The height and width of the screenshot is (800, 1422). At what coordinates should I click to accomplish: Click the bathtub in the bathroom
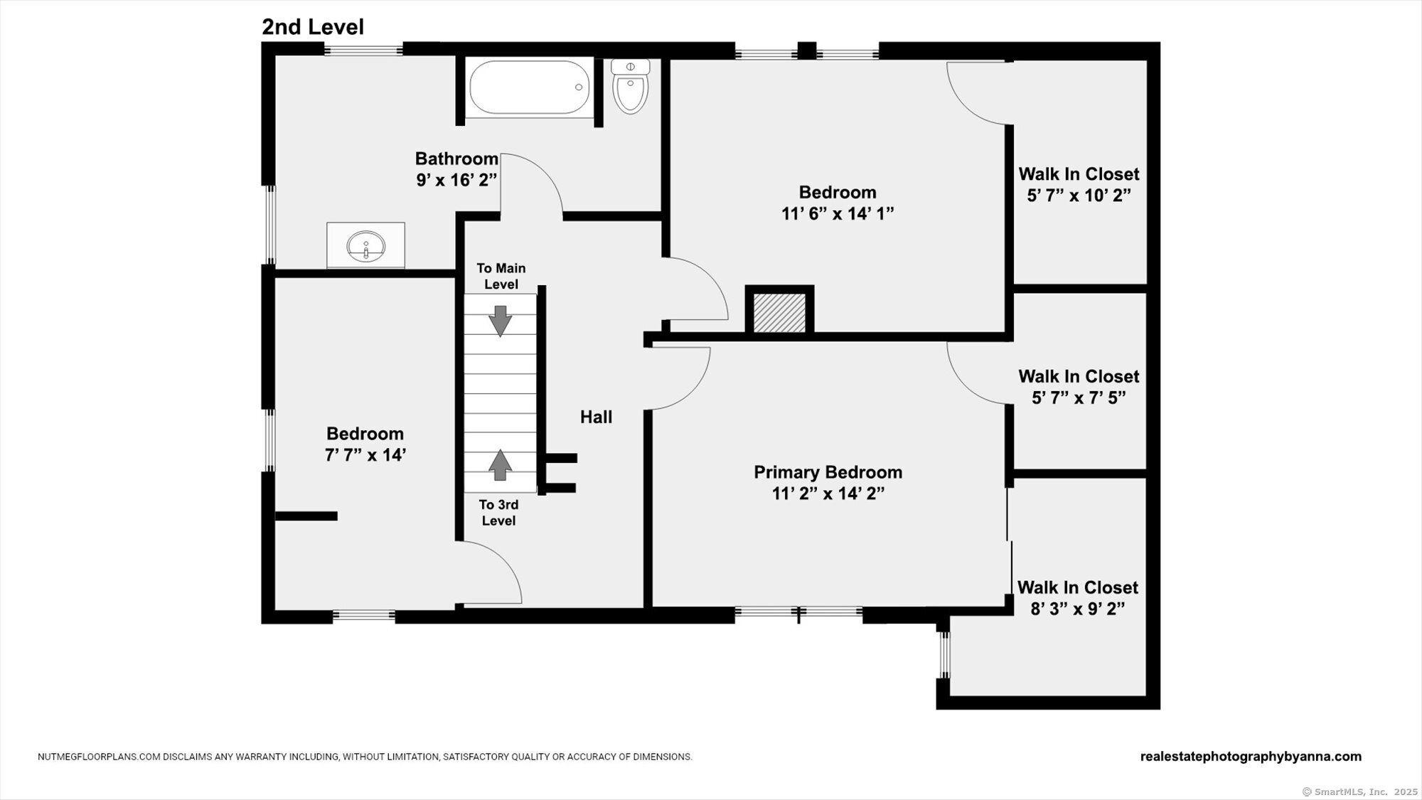(x=530, y=87)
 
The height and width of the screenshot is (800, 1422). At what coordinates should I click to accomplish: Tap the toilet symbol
(x=631, y=86)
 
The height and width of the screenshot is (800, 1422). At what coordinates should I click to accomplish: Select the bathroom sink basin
(x=366, y=246)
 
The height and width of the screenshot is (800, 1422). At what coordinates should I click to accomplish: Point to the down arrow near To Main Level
(x=501, y=321)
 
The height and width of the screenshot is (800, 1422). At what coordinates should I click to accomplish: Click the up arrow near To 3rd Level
(x=501, y=465)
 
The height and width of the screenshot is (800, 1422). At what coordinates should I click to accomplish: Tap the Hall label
(x=596, y=417)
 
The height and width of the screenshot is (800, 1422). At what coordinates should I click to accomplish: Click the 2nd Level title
(x=313, y=27)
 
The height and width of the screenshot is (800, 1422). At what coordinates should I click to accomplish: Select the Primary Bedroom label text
(x=828, y=472)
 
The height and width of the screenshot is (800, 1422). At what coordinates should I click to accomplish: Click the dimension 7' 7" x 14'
(x=365, y=455)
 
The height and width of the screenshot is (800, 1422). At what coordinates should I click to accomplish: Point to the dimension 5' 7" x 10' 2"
(x=1079, y=196)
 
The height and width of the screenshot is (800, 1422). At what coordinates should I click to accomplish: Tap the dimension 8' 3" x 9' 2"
(x=1078, y=609)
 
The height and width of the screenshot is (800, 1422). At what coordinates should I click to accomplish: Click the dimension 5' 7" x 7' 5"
(x=1079, y=398)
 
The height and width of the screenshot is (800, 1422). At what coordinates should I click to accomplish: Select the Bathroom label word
(x=456, y=159)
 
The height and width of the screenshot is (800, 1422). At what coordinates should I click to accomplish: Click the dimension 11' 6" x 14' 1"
(x=838, y=213)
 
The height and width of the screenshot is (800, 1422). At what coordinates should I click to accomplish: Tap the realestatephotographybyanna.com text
(x=1251, y=757)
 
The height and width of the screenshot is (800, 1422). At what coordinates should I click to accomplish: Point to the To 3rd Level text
(x=498, y=513)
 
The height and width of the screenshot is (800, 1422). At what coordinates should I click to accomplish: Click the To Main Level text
(x=501, y=276)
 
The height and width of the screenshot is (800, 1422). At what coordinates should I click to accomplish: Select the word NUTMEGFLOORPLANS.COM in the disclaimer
(x=99, y=757)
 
